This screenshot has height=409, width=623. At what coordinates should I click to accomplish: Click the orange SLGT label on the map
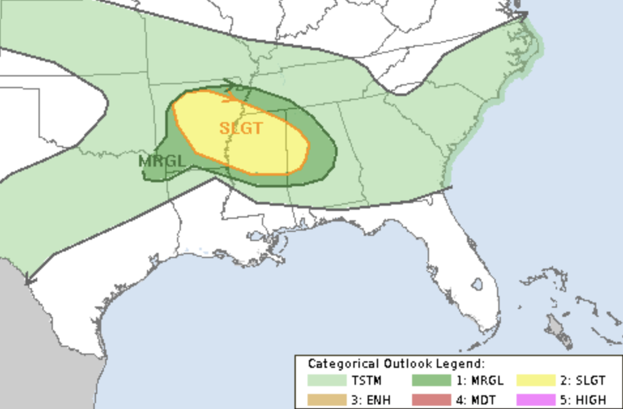(241, 128)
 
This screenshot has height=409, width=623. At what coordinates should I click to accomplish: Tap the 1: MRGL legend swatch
(432, 381)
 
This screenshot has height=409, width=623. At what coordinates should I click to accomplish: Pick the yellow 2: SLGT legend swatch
(535, 381)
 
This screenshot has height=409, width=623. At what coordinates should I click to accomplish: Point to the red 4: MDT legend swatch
(432, 399)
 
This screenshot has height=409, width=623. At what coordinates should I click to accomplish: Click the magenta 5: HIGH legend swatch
(535, 399)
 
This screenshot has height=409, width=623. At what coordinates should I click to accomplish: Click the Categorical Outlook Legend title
(396, 364)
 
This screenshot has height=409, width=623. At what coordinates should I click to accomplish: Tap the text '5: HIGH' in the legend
(583, 399)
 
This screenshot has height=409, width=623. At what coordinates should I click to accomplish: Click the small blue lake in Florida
(477, 284)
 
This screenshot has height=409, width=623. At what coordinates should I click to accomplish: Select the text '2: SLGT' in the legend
(583, 381)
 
